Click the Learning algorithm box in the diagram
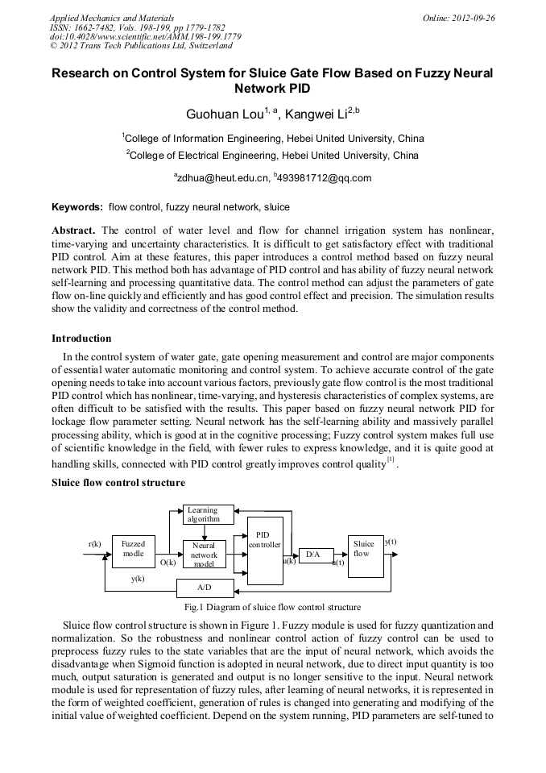click(x=208, y=514)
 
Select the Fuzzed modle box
click(x=133, y=550)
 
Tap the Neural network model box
click(x=204, y=555)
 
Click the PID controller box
click(x=264, y=551)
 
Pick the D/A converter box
click(x=315, y=555)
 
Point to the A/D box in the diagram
click(x=205, y=588)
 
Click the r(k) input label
click(x=94, y=544)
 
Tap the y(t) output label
click(x=391, y=542)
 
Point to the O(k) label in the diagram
click(x=168, y=562)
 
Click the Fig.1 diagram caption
click(x=272, y=607)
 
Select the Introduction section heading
click(x=81, y=338)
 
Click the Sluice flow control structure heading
click(x=118, y=483)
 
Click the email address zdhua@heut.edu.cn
click(x=221, y=178)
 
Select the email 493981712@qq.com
click(x=323, y=178)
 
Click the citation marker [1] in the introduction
click(x=391, y=460)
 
